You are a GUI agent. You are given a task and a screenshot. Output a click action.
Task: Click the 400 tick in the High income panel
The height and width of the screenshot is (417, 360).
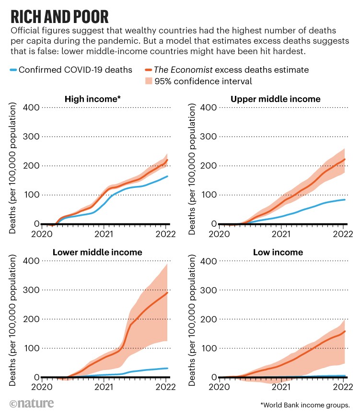tap(30, 107)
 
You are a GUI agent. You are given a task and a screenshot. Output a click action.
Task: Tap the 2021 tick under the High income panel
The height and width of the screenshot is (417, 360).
tap(104, 234)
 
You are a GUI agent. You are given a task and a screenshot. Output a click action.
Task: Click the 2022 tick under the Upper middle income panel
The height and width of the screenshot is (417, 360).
tap(343, 234)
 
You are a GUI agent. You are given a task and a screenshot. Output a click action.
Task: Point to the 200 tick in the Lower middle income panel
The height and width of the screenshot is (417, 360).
tap(30, 319)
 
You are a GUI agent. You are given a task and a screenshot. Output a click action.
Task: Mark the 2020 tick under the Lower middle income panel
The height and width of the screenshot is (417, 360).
tap(42, 388)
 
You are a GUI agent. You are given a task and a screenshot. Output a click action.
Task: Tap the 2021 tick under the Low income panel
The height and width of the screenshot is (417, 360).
tap(281, 388)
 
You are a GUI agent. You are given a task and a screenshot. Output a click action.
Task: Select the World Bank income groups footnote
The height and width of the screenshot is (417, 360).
tap(305, 405)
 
